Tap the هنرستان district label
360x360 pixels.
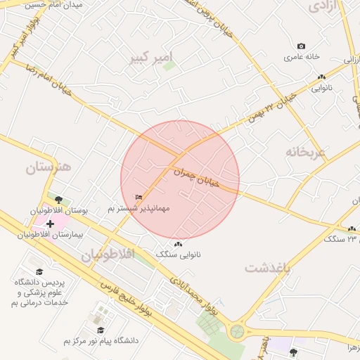[x=49, y=167]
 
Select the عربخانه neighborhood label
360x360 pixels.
[x=306, y=151]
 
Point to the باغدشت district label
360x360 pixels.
[x=268, y=268]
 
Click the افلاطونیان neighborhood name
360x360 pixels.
[x=108, y=255]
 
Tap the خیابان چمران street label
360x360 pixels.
[x=197, y=176]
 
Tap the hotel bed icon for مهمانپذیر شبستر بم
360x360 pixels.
[x=139, y=197]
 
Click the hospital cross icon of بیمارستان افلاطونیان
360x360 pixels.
[x=50, y=224]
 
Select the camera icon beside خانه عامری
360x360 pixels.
[x=302, y=46]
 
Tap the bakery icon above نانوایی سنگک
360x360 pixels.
[x=178, y=244]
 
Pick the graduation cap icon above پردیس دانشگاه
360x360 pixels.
[x=40, y=271]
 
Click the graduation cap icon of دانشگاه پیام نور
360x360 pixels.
[x=101, y=330]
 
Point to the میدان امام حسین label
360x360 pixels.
[x=53, y=4]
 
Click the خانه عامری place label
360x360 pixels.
[x=302, y=56]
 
